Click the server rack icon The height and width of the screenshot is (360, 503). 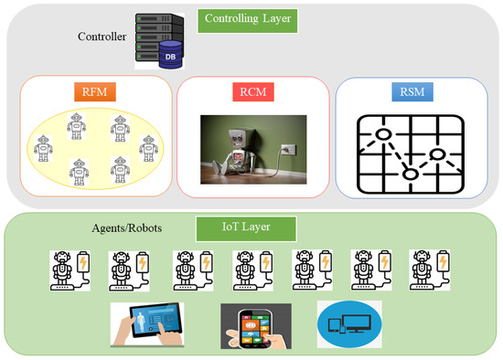tap(152, 37)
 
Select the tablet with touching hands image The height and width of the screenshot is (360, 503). tap(147, 324)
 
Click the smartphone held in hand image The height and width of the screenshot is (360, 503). tap(255, 326)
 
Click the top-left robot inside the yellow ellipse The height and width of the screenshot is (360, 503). tap(76, 126)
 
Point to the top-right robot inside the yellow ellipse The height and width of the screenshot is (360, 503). tap(119, 127)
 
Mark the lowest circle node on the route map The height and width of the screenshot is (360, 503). tap(411, 174)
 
